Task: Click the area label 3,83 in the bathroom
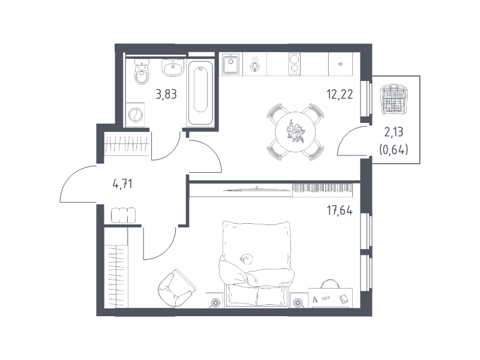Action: coord(166,94)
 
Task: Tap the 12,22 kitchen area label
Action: coord(340,94)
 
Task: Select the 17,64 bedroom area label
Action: coord(340,211)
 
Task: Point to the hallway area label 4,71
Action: coord(122,184)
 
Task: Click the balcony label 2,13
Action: coord(394,132)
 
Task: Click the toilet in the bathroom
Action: coord(142,72)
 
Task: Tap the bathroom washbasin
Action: coord(173,68)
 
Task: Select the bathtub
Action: coord(200,93)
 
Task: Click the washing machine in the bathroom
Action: coord(136,115)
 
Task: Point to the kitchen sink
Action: coord(231,64)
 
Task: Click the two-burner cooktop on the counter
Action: coord(295,64)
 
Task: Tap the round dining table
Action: coord(295,132)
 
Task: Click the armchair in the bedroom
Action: coord(176,287)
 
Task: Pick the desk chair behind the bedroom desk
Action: coord(329,284)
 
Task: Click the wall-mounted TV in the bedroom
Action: coord(257,189)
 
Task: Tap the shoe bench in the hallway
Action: coord(123,215)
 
